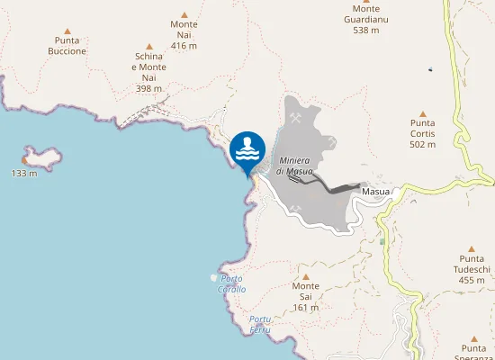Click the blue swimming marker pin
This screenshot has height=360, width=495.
click(x=247, y=150)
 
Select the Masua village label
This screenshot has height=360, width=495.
click(x=375, y=192)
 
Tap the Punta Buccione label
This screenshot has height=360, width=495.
click(x=67, y=46)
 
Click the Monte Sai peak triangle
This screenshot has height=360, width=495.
click(x=306, y=276)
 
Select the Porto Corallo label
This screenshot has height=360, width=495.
click(x=231, y=284)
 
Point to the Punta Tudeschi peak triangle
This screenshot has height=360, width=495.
click(x=472, y=248)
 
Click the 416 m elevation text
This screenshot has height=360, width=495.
click(x=184, y=45)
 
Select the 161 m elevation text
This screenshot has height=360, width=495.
click(x=306, y=308)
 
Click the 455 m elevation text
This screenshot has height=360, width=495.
click(x=472, y=280)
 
